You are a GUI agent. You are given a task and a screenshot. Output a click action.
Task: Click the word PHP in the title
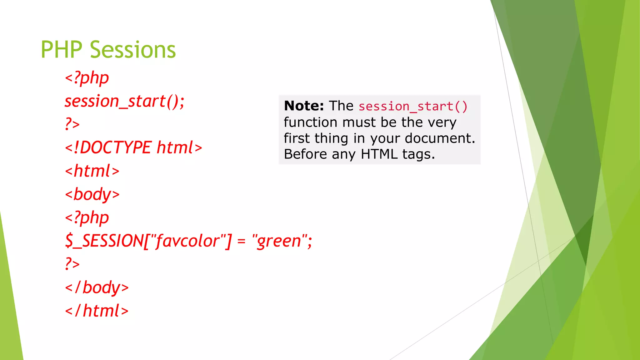(x=61, y=50)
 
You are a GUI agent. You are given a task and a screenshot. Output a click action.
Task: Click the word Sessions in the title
(x=133, y=50)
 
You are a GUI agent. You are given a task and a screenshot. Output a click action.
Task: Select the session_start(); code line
(x=124, y=101)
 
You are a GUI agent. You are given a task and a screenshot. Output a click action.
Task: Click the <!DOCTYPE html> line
(x=133, y=147)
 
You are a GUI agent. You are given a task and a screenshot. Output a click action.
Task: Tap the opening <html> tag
(x=92, y=171)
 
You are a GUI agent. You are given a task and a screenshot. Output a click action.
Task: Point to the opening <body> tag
(x=92, y=194)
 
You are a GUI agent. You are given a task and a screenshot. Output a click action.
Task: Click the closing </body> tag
(x=97, y=287)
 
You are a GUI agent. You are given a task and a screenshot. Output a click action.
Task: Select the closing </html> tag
(x=97, y=311)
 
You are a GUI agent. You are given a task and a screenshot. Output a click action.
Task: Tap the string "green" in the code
(x=279, y=241)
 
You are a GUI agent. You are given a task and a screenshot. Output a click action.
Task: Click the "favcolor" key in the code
(x=188, y=241)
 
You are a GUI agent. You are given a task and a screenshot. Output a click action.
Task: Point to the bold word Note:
(x=304, y=106)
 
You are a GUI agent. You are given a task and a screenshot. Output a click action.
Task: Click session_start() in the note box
(x=413, y=107)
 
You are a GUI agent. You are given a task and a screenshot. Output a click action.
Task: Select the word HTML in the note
(x=379, y=154)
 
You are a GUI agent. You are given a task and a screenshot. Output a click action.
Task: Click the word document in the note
(x=439, y=138)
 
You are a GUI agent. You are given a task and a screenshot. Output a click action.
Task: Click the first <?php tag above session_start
(x=87, y=78)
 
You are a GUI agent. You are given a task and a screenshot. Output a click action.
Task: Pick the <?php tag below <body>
(x=87, y=218)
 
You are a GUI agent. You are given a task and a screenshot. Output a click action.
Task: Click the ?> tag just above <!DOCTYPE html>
(x=72, y=124)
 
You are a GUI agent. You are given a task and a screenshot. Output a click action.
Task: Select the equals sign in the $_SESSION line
(x=241, y=242)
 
